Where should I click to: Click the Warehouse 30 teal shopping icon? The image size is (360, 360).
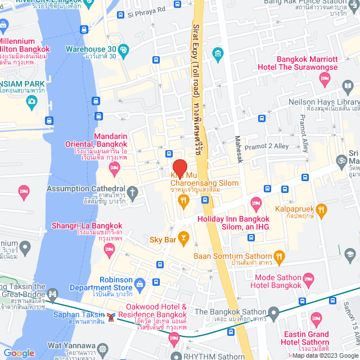point(124,49)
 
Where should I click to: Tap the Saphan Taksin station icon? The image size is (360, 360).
point(112,317)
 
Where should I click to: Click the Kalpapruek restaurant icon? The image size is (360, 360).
point(321,210)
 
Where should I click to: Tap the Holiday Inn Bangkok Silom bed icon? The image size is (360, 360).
point(256,202)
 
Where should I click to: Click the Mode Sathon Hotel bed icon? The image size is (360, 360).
point(308,278)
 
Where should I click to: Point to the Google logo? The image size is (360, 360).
point(19,353)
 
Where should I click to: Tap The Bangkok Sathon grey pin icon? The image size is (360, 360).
point(273,312)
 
